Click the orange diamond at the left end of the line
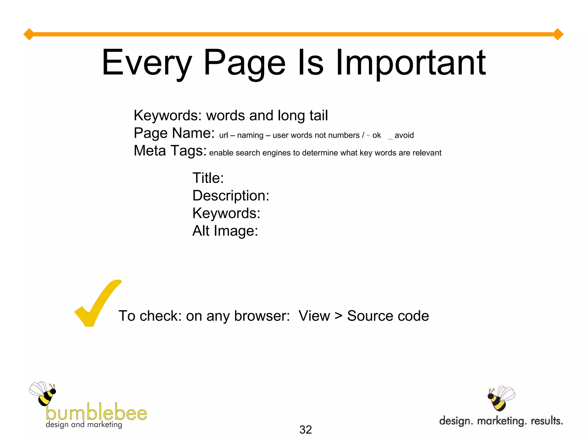pos(29,34)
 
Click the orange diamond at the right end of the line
pos(558,34)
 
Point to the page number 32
pos(306,429)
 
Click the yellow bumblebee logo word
pos(96,412)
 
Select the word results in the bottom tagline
pos(547,421)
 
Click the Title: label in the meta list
pos(208,178)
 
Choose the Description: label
pos(231,196)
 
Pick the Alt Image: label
pos(225,231)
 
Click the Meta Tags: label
pos(170,151)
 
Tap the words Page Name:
pos(174,133)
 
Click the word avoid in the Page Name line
pos(404,135)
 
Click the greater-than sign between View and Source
pos(338,316)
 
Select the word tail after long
pos(318,115)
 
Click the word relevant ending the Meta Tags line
pos(427,153)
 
